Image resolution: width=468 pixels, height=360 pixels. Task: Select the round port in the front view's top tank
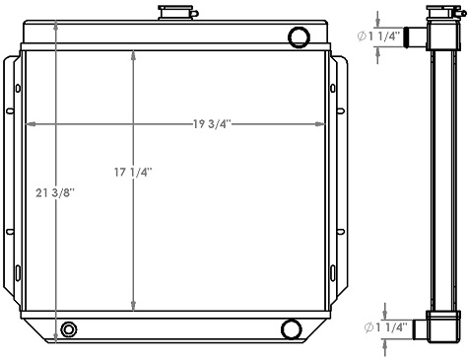[x=298, y=38]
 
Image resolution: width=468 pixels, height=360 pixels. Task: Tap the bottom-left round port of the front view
[x=69, y=328]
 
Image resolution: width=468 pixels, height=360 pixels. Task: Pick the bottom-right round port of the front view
[x=291, y=328]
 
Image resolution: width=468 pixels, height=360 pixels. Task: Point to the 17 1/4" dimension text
[x=133, y=172]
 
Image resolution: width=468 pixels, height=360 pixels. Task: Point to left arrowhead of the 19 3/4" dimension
[x=30, y=124]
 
